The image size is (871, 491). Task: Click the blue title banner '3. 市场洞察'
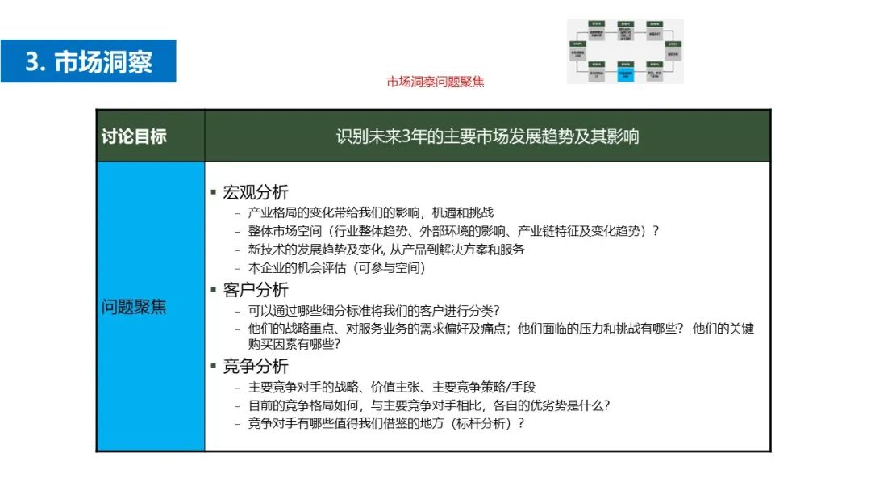click(89, 61)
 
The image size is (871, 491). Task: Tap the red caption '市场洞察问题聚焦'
click(435, 82)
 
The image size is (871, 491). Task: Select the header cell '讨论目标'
click(134, 136)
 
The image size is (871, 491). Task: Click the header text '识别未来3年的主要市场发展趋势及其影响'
click(487, 136)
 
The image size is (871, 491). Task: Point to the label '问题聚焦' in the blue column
click(134, 307)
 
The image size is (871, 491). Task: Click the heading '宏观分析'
click(255, 192)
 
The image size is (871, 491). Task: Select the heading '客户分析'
click(255, 290)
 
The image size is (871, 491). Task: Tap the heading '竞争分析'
click(255, 367)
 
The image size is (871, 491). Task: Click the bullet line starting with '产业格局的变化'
click(371, 212)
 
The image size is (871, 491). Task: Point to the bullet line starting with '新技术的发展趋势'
click(386, 250)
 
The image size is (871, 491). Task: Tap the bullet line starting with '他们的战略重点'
click(500, 329)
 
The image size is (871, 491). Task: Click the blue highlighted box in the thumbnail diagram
click(625, 73)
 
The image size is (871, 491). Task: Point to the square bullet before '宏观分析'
click(214, 192)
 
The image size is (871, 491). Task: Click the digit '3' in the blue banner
click(33, 62)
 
